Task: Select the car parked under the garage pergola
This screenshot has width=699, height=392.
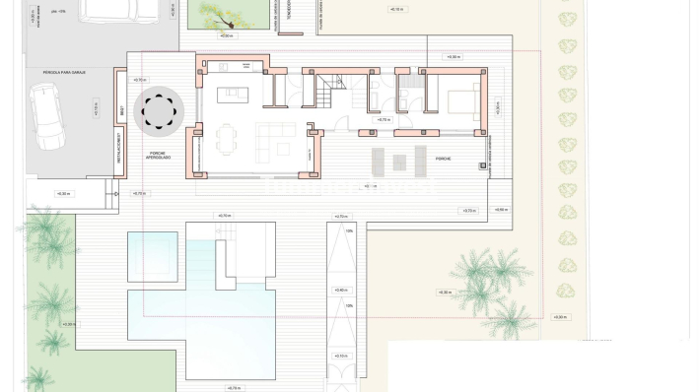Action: tap(46, 115)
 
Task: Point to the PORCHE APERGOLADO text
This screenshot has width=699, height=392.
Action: tap(159, 156)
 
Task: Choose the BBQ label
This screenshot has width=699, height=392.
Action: tap(120, 114)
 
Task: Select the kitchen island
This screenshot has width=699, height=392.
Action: tap(234, 96)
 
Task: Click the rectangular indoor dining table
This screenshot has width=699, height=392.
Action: tap(229, 138)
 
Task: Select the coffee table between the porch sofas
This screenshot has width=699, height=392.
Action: tap(399, 162)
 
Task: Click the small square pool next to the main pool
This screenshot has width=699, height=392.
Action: tap(153, 254)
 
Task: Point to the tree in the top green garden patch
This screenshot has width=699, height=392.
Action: tap(220, 12)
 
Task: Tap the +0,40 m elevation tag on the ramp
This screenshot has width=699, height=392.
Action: tap(341, 291)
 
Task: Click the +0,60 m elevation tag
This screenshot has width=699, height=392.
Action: tap(501, 210)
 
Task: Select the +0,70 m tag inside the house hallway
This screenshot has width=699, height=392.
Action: tap(383, 119)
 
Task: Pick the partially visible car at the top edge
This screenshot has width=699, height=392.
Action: tap(118, 9)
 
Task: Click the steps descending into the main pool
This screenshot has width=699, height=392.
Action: tap(200, 266)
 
